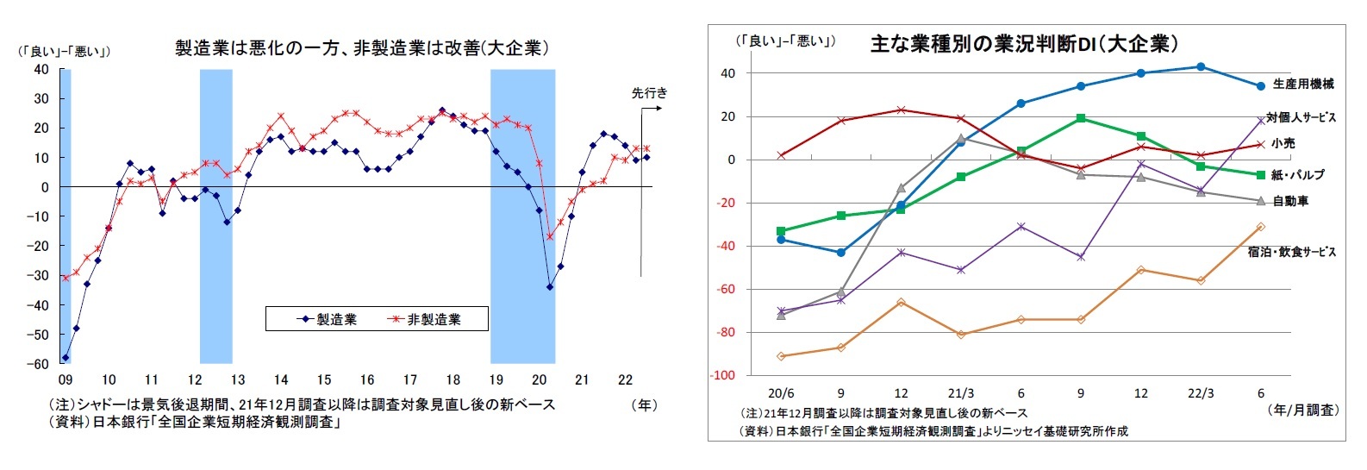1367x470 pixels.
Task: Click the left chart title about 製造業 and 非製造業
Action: pyautogui.click(x=361, y=48)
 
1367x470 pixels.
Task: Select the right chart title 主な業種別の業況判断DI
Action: pyautogui.click(x=1023, y=44)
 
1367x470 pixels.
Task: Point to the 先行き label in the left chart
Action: pyautogui.click(x=649, y=93)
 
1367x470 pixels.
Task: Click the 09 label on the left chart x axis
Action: pyautogui.click(x=65, y=379)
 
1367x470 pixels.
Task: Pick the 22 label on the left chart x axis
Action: pyautogui.click(x=626, y=379)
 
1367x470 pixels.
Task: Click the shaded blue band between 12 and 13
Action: pyautogui.click(x=215, y=216)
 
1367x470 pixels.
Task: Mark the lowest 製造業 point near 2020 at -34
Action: pyautogui.click(x=550, y=287)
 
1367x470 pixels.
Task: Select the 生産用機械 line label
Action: pyautogui.click(x=1302, y=84)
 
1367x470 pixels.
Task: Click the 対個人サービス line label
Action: pyautogui.click(x=1301, y=117)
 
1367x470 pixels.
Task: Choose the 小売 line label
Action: pyautogui.click(x=1283, y=143)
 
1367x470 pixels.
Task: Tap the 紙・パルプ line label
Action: pyautogui.click(x=1298, y=175)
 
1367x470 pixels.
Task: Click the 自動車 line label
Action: pyautogui.click(x=1290, y=201)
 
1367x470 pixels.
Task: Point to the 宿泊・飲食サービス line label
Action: pyautogui.click(x=1291, y=252)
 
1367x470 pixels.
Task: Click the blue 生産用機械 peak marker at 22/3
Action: pyautogui.click(x=1201, y=66)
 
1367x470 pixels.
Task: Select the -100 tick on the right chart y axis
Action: pyautogui.click(x=722, y=376)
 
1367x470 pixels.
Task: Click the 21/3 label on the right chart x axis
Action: pyautogui.click(x=960, y=393)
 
